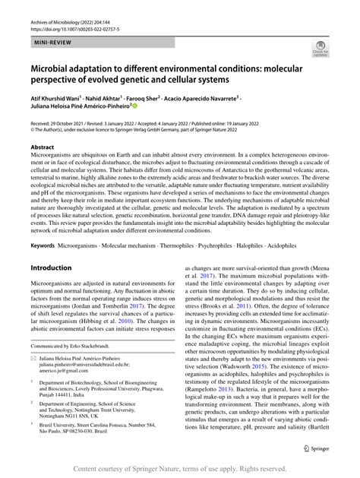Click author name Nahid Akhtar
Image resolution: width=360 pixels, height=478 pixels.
(x=113, y=99)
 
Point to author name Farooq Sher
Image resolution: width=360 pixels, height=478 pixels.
(x=164, y=99)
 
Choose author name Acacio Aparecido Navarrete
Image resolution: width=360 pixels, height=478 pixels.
(x=229, y=99)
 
